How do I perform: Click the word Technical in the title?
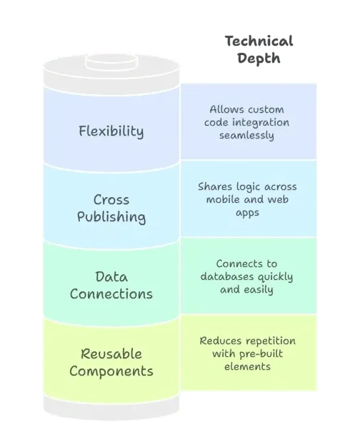[x=259, y=41]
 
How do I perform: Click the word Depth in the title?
[x=259, y=59]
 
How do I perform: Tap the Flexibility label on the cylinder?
[x=111, y=131]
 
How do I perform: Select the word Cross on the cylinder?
[x=111, y=200]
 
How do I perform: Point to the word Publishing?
[x=111, y=217]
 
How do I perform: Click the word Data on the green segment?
[x=111, y=277]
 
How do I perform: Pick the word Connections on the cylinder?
[x=111, y=293]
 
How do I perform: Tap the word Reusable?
[x=111, y=353]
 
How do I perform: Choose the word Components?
[x=111, y=371]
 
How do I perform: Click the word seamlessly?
[x=246, y=136]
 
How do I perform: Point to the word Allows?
[x=224, y=109]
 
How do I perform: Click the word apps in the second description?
[x=247, y=213]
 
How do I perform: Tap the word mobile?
[x=221, y=199]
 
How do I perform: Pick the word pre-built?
[x=261, y=353]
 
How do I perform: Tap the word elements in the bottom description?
[x=247, y=367]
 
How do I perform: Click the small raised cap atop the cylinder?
[x=111, y=62]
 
